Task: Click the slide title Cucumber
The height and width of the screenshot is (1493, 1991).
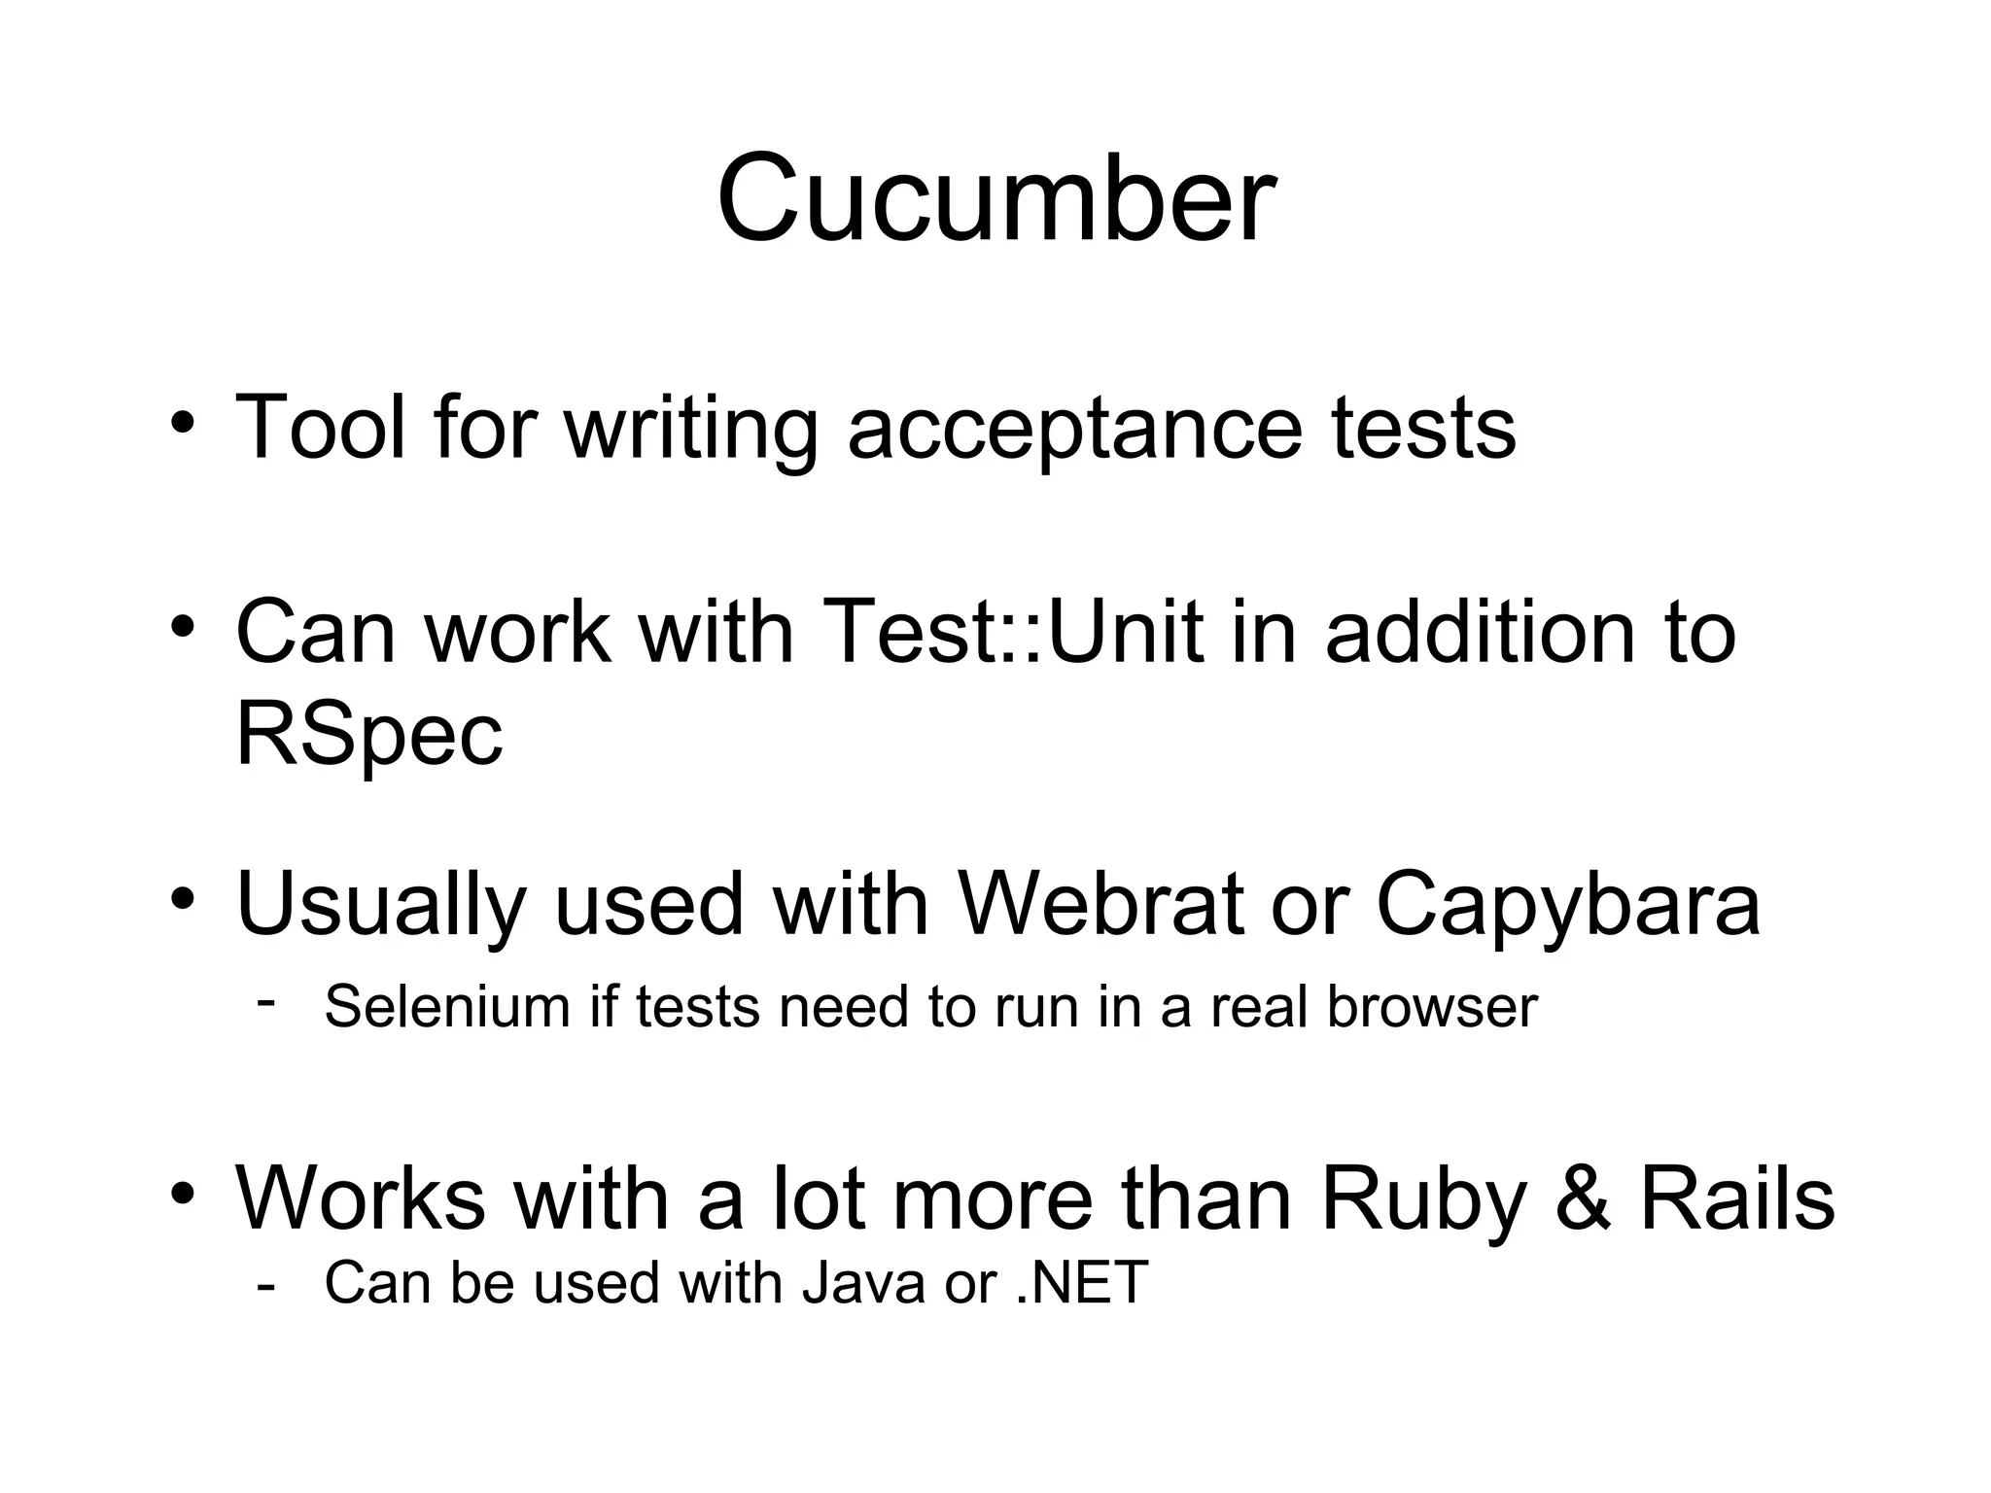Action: coord(995,199)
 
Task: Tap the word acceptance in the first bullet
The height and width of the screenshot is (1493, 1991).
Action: coord(1074,428)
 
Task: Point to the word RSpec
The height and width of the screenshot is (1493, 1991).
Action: coord(369,735)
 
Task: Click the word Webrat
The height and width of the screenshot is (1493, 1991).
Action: coord(1100,904)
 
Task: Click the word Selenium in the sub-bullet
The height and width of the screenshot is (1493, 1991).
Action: coord(446,1006)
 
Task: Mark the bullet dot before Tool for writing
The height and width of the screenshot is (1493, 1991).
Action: coord(183,426)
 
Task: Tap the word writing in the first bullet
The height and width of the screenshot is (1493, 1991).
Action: coord(690,428)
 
